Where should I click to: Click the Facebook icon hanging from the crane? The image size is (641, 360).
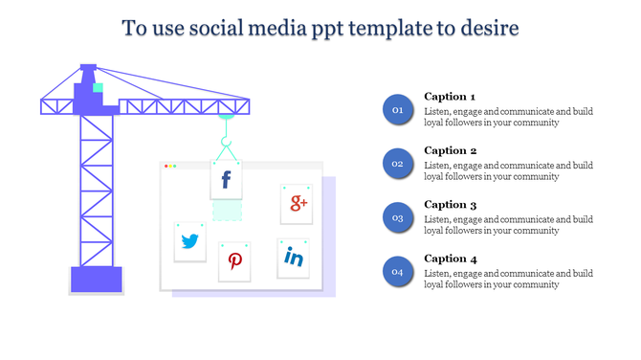click(227, 179)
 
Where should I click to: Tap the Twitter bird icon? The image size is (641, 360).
click(190, 241)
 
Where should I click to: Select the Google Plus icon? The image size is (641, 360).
click(298, 203)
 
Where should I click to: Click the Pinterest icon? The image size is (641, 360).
click(234, 261)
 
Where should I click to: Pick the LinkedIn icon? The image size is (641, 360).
click(294, 258)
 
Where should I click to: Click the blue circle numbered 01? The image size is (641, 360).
click(397, 110)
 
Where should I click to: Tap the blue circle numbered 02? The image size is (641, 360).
click(397, 164)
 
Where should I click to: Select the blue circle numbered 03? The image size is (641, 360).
click(397, 218)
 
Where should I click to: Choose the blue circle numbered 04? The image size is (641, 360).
click(397, 273)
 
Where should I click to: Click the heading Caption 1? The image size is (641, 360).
click(450, 97)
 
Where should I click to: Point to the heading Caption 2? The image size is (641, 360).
click(450, 150)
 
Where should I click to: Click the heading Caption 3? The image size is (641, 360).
click(450, 205)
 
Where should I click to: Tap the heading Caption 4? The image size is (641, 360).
click(450, 259)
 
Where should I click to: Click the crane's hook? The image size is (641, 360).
click(227, 146)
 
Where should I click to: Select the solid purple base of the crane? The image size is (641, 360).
click(97, 279)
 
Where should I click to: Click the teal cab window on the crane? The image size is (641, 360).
click(97, 88)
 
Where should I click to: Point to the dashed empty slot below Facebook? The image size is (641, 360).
click(227, 210)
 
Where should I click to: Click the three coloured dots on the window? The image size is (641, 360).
click(170, 167)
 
